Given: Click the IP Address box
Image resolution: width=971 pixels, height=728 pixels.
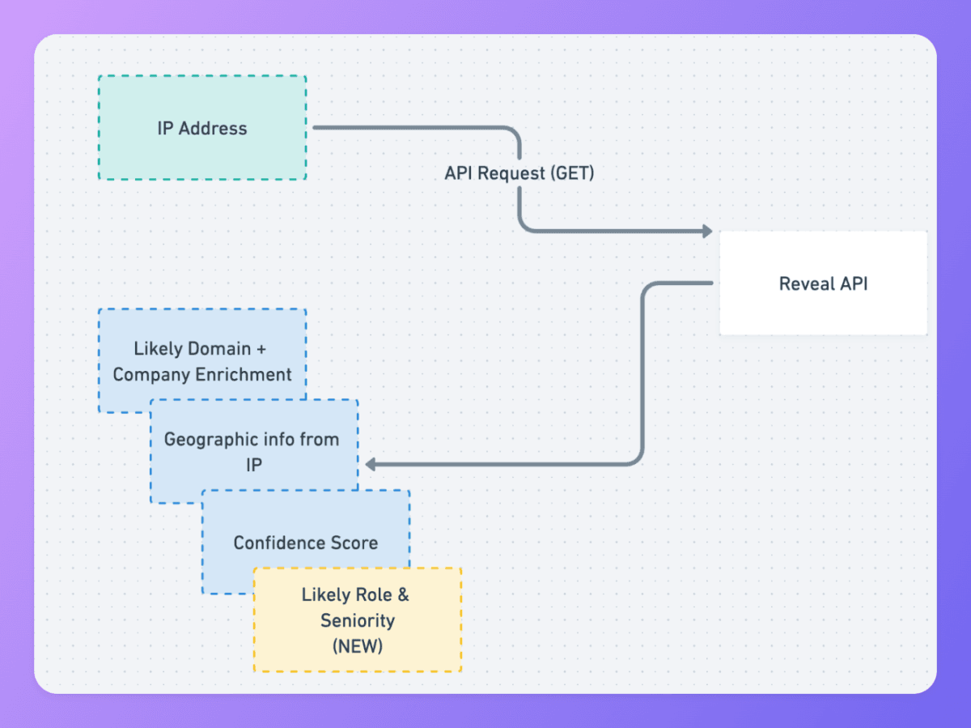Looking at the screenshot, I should tap(201, 128).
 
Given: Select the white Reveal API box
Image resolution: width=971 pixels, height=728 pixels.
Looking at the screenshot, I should tap(823, 283).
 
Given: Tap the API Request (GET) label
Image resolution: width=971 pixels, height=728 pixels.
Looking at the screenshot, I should tap(519, 173).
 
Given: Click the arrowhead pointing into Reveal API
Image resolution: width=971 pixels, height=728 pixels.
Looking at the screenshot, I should tap(706, 231).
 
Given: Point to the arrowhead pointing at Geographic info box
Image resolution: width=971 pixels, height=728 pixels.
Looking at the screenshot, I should tap(371, 465).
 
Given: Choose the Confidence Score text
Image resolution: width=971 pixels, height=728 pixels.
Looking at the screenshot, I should tap(305, 543).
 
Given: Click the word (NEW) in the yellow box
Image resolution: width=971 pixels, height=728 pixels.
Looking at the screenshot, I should tap(357, 646).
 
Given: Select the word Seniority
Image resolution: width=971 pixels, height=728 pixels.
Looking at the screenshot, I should tap(357, 620).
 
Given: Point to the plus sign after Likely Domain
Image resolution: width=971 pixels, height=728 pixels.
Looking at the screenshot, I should tap(261, 349).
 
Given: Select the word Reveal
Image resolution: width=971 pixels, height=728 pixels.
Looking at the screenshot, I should tap(805, 283).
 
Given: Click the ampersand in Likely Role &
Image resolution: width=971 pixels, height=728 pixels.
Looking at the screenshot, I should tap(403, 594).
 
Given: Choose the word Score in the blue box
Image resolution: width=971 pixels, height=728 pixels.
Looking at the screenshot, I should tap(357, 543).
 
